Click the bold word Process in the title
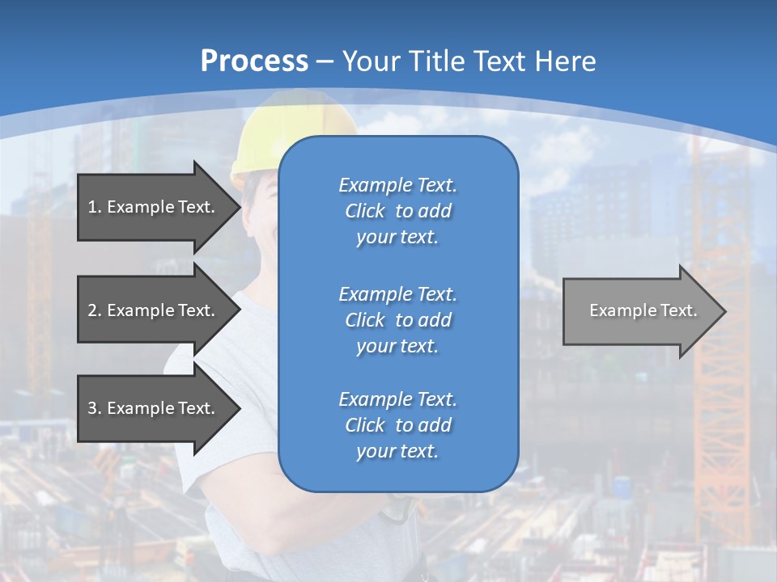coord(254,61)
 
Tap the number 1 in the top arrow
coord(92,207)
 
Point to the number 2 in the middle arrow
coord(92,310)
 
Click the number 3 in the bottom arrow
coord(92,408)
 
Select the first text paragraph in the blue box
coord(397,211)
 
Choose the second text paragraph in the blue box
coord(397,320)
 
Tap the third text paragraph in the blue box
coord(397,425)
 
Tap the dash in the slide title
coord(325,61)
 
